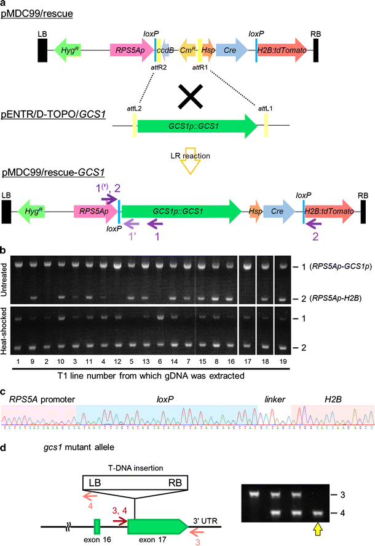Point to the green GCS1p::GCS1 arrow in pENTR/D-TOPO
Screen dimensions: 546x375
click(197, 126)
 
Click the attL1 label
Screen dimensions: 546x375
click(267, 107)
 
